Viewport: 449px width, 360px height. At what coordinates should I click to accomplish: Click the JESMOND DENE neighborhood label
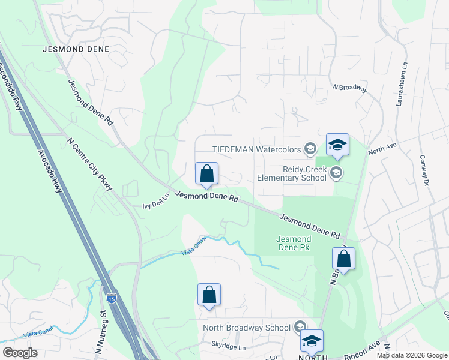pos(76,49)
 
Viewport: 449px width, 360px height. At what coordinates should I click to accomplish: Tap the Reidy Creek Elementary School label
pos(292,173)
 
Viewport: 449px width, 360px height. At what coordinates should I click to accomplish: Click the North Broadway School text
pos(247,328)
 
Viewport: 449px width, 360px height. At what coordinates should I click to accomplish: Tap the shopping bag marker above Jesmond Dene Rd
pos(206,174)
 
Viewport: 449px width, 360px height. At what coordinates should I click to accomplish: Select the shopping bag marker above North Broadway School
pos(209,295)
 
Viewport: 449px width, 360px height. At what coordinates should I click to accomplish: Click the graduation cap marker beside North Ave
pos(337,145)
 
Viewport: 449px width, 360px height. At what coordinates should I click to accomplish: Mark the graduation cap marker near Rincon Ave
pos(312,341)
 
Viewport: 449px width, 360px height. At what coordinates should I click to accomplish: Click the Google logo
pos(20,353)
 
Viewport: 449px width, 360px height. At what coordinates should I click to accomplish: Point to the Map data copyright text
pos(411,355)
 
